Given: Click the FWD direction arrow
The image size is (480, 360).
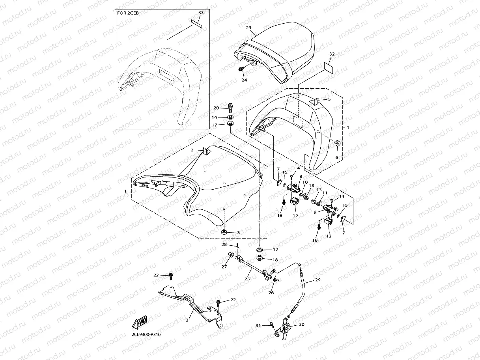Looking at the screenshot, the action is [x=139, y=323].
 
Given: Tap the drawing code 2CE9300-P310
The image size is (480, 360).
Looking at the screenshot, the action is [x=146, y=335].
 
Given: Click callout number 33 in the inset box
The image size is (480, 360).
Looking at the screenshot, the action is [x=201, y=13].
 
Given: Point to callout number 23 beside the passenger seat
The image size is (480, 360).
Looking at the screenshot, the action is [x=248, y=28].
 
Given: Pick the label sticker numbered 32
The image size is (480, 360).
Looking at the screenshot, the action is [x=328, y=67].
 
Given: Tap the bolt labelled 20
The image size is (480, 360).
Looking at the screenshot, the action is [x=230, y=107].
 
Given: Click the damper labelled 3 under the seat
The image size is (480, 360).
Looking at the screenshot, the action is [x=224, y=232].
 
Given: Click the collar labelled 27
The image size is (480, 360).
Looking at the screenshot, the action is [x=231, y=255].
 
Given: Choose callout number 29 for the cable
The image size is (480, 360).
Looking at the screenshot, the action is [x=318, y=280].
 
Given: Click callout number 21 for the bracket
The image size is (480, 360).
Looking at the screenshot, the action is [x=188, y=320].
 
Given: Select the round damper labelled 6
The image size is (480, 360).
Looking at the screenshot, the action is [x=338, y=143].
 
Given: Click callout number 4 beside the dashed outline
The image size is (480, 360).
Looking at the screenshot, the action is [x=348, y=127].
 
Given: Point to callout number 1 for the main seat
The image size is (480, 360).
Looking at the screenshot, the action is [x=125, y=191].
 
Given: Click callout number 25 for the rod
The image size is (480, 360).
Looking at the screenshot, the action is [x=247, y=279].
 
